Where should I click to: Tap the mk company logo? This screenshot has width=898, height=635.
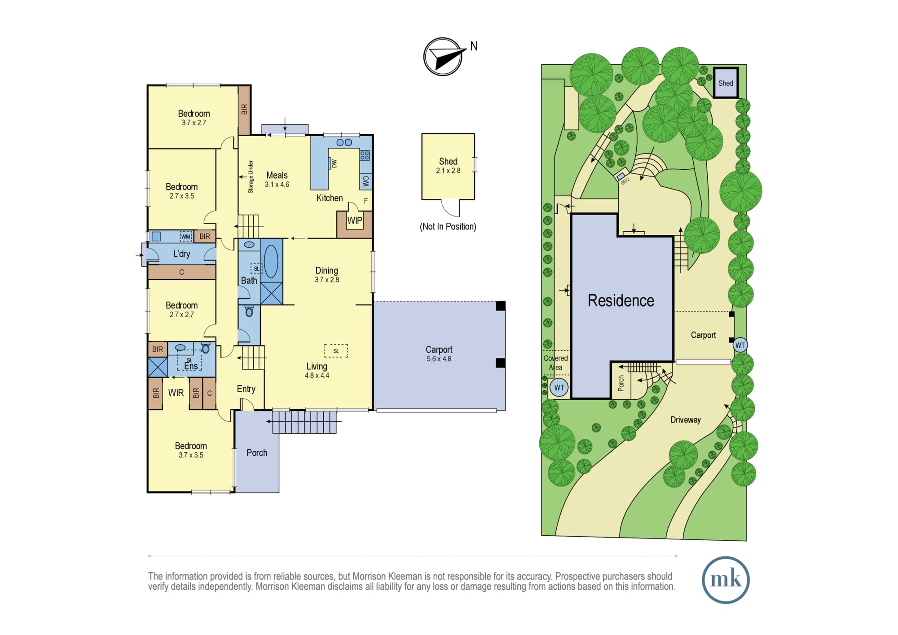pyautogui.click(x=726, y=580)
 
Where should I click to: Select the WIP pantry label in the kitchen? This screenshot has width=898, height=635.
pyautogui.click(x=355, y=220)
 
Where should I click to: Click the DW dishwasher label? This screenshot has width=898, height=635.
pyautogui.click(x=334, y=163)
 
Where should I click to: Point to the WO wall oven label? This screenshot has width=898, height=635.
pyautogui.click(x=366, y=181)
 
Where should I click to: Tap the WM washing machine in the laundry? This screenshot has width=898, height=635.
pyautogui.click(x=185, y=236)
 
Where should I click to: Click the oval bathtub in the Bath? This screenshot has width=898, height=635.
pyautogui.click(x=271, y=261)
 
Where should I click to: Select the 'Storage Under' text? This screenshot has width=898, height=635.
pyautogui.click(x=251, y=176)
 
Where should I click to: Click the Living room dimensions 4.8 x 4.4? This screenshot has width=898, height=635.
pyautogui.click(x=317, y=375)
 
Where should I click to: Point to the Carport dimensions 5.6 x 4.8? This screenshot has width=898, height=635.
pyautogui.click(x=439, y=359)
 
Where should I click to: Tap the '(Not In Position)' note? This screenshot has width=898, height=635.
pyautogui.click(x=448, y=226)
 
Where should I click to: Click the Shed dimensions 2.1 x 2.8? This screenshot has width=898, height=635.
pyautogui.click(x=448, y=171)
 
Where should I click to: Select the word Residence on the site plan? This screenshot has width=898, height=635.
pyautogui.click(x=621, y=300)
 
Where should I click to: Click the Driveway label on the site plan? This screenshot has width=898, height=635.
pyautogui.click(x=685, y=420)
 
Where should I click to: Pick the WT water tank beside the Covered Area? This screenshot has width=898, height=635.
pyautogui.click(x=559, y=388)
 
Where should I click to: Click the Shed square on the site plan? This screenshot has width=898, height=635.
pyautogui.click(x=726, y=83)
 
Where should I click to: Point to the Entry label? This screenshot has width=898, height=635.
pyautogui.click(x=246, y=389)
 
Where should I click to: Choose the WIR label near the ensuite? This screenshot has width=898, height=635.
pyautogui.click(x=176, y=393)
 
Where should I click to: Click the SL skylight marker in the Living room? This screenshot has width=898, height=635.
pyautogui.click(x=336, y=351)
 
